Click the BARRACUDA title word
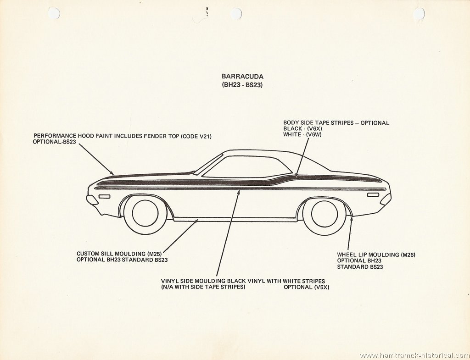pos(242,77)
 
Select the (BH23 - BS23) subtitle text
pos(242,85)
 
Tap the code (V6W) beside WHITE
pos(313,135)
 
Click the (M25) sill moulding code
pos(155,254)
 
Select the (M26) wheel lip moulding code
pos(408,255)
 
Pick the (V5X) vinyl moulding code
pos(321,287)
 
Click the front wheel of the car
pos(145,213)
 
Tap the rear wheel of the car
pos(325,214)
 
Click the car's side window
pos(247,166)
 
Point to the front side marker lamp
pos(104,196)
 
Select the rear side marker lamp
pos(373,195)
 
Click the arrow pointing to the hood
pos(96,159)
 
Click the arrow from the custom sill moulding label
pos(180,236)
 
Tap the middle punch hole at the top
pos(236,13)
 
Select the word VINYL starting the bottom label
pos(169,281)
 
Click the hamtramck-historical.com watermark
pos(414,355)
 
